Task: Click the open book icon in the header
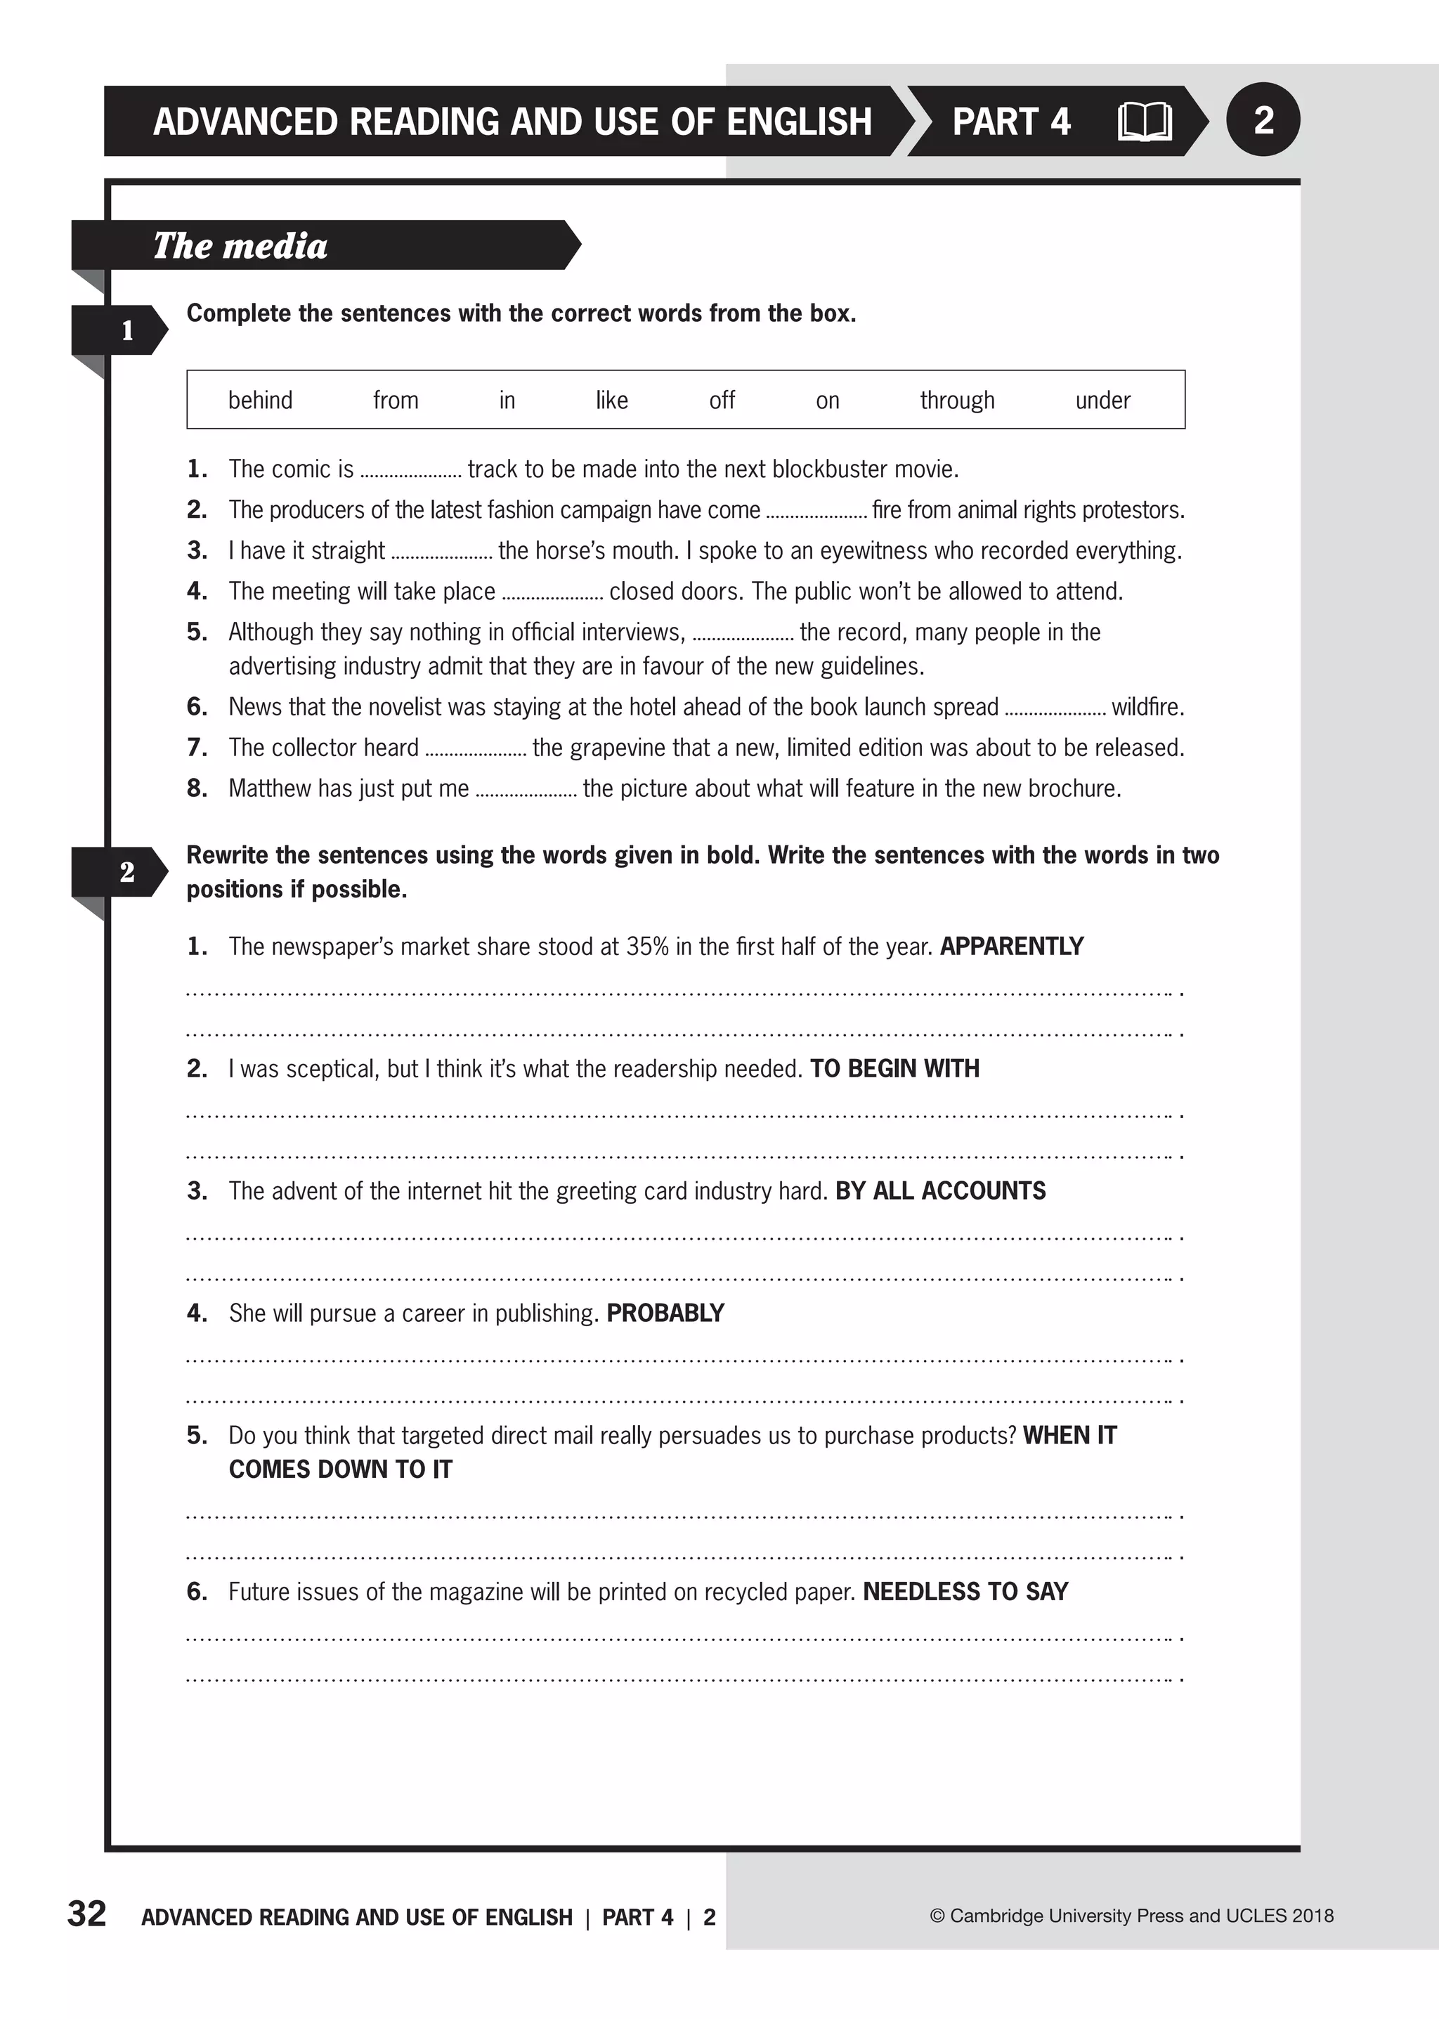point(1144,122)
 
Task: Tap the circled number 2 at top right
point(1263,119)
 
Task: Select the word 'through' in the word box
point(957,401)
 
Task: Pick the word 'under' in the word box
point(1102,401)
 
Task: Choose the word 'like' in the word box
point(611,401)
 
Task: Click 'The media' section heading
point(240,245)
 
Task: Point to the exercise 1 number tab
point(126,330)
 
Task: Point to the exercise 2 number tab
point(126,872)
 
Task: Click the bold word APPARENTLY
point(1011,947)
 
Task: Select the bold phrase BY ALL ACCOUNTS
point(940,1191)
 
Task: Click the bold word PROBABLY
point(665,1313)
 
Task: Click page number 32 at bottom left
point(87,1914)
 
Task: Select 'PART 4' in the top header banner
point(1011,122)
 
